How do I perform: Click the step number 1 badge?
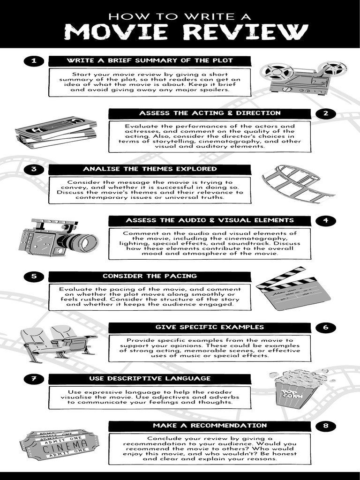[33, 61]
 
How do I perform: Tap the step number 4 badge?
[326, 220]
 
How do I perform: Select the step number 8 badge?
[326, 426]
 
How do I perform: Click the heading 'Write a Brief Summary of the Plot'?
[150, 61]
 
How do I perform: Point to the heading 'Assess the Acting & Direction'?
[210, 113]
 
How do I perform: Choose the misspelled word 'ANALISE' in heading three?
[99, 169]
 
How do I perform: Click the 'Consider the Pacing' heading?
[150, 277]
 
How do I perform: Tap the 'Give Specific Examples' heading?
[210, 327]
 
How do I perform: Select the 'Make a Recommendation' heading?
[210, 426]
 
